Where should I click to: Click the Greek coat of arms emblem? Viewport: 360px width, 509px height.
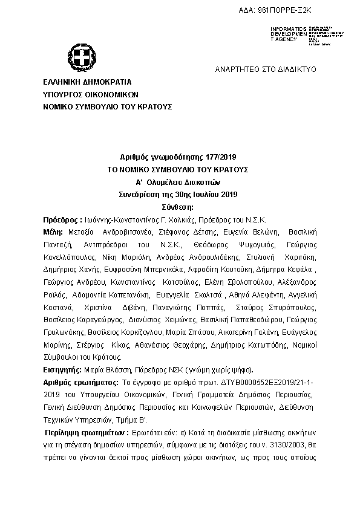[80, 59]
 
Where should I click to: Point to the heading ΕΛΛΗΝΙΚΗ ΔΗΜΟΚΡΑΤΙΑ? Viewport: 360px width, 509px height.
[87, 82]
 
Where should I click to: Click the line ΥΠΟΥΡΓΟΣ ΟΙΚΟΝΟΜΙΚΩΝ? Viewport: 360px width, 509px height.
[91, 94]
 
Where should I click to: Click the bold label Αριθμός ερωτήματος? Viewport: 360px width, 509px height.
[80, 383]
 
